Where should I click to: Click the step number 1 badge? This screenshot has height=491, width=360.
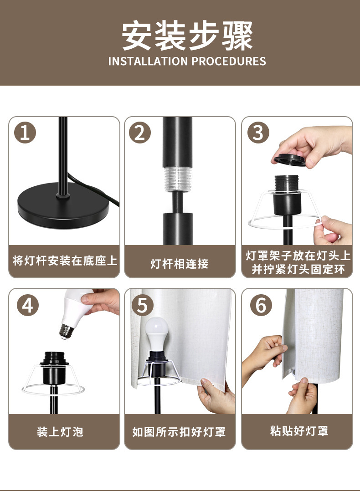click(25, 133)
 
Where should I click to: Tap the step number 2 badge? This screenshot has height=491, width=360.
click(140, 133)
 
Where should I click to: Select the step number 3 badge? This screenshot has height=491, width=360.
click(258, 133)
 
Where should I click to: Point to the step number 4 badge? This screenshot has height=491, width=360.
click(28, 305)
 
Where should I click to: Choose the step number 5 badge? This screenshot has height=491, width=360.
click(143, 305)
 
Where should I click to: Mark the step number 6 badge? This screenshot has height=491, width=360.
click(261, 305)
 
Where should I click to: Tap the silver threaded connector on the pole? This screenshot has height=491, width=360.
click(178, 179)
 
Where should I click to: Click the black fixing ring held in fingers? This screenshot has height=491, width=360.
click(290, 160)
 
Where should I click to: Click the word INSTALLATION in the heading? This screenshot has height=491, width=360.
click(148, 61)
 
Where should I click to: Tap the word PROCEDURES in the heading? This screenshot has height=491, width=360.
click(229, 61)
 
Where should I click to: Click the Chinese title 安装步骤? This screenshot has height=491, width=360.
click(187, 36)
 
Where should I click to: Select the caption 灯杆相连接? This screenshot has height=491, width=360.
click(180, 264)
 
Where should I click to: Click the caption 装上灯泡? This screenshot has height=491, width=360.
click(60, 432)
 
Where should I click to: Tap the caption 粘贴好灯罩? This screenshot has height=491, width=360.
click(299, 431)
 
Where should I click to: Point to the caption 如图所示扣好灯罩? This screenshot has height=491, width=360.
click(179, 432)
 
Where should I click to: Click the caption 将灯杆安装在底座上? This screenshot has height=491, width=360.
click(65, 261)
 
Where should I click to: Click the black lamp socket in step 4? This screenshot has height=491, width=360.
click(55, 368)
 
